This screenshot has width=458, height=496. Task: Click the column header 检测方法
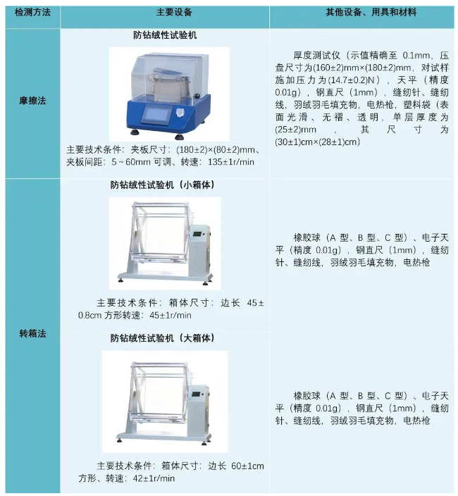(32, 13)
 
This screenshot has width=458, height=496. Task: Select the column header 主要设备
(174, 13)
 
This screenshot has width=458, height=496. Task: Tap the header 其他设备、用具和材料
(371, 13)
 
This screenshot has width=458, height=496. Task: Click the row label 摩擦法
(32, 101)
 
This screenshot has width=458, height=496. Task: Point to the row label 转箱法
(32, 333)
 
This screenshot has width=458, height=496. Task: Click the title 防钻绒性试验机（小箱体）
(162, 185)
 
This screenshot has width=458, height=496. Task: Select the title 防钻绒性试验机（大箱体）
(162, 338)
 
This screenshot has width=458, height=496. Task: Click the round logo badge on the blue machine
(180, 113)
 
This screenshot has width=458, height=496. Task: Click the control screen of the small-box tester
(198, 235)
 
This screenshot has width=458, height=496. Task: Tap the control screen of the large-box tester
(197, 395)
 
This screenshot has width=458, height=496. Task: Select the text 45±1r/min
(171, 316)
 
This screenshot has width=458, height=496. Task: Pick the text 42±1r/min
(154, 478)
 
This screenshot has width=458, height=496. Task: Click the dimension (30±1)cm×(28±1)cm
(317, 142)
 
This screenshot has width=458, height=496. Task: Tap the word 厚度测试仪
(317, 56)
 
